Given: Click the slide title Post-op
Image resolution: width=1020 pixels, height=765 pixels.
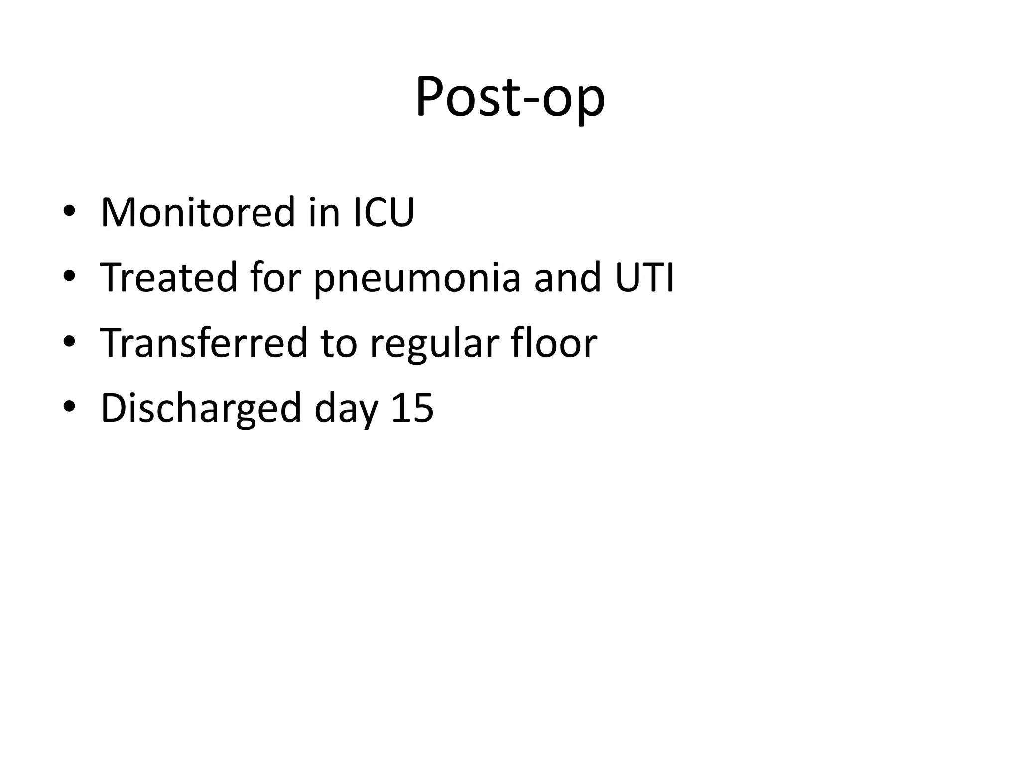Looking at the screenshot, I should coord(510,97).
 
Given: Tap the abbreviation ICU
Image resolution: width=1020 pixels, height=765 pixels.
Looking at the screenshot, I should coord(383,213).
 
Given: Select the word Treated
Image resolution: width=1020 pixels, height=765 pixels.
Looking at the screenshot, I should coord(169,277).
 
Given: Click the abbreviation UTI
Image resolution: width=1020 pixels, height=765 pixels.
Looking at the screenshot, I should coord(644,277).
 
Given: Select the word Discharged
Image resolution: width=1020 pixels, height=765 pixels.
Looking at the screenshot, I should coord(201,408).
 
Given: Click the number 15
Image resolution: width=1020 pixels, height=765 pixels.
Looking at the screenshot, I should coord(412,408).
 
